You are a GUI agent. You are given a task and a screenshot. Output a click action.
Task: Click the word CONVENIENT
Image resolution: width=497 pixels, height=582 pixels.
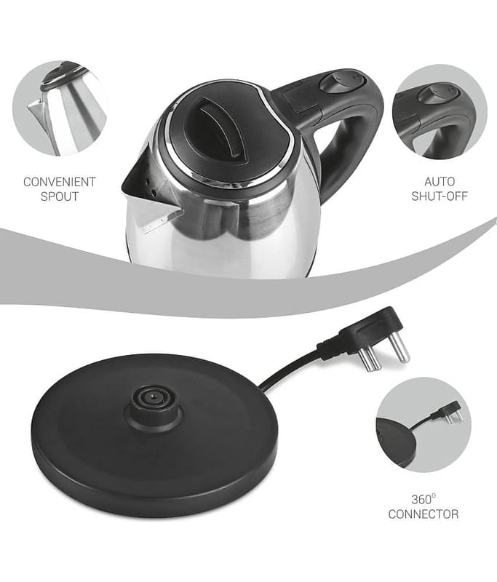(60, 182)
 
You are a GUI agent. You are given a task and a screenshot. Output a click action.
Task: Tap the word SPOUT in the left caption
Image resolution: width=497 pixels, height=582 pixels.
(60, 196)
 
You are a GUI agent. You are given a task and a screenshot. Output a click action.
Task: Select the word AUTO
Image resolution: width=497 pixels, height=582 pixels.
(440, 181)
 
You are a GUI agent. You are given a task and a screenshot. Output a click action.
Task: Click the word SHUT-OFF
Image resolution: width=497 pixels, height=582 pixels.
(440, 196)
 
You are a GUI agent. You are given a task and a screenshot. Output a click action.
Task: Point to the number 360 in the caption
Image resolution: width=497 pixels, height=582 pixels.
(421, 500)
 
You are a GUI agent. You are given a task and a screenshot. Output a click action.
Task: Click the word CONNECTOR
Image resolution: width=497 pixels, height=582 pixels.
(423, 514)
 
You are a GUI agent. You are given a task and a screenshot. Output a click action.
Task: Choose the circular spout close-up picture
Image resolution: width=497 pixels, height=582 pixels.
(60, 108)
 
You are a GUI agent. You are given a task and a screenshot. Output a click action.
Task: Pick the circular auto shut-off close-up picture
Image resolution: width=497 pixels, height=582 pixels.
(440, 112)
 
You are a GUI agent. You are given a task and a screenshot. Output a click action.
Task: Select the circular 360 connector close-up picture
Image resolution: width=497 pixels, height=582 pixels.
(423, 425)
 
